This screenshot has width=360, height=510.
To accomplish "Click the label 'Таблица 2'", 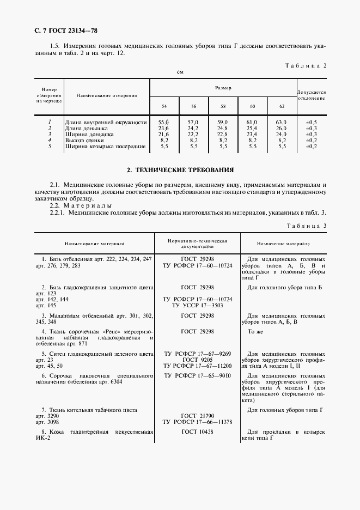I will pos(306,65).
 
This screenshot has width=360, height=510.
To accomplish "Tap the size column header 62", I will pos(282,106).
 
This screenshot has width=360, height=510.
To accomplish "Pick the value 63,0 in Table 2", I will pos(282,123).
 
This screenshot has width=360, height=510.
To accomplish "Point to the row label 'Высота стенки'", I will pos(86,140).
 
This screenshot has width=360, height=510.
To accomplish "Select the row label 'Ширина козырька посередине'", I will pos(105,146).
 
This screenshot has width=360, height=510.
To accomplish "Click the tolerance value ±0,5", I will pos(311,123).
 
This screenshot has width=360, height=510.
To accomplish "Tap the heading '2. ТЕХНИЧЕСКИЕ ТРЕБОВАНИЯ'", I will pos(180,170).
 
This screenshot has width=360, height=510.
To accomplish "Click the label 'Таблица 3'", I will pos(306,225).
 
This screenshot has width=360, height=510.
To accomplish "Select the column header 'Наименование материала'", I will pos(94,244).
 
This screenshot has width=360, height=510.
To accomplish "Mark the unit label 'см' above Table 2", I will pos(180,72).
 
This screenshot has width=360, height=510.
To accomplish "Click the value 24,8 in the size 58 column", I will pos(222,129).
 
